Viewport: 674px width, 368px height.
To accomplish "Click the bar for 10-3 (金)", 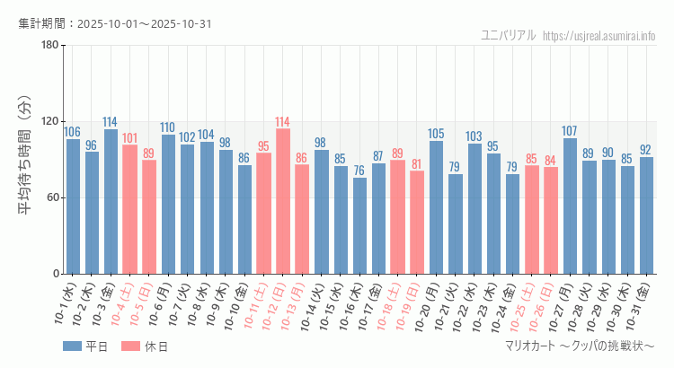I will pyautogui.click(x=111, y=202).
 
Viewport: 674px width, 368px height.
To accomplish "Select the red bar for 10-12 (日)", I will pyautogui.click(x=283, y=202).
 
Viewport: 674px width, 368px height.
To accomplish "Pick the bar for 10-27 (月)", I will pyautogui.click(x=570, y=206).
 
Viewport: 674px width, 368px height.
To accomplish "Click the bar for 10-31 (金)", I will pyautogui.click(x=646, y=215).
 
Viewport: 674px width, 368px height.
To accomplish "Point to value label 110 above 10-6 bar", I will pyautogui.click(x=168, y=127).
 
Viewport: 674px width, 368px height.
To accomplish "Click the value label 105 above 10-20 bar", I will pyautogui.click(x=436, y=134).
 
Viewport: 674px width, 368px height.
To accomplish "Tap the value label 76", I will pyautogui.click(x=359, y=171).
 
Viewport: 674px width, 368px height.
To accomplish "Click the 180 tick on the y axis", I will pyautogui.click(x=49, y=46).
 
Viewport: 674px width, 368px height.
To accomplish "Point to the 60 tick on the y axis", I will pyautogui.click(x=52, y=198).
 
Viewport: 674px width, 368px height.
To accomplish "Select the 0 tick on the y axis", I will pyautogui.click(x=55, y=274).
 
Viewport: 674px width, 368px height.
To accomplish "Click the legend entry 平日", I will pyautogui.click(x=85, y=346).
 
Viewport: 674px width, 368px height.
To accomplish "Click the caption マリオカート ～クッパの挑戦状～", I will pyautogui.click(x=580, y=346).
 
